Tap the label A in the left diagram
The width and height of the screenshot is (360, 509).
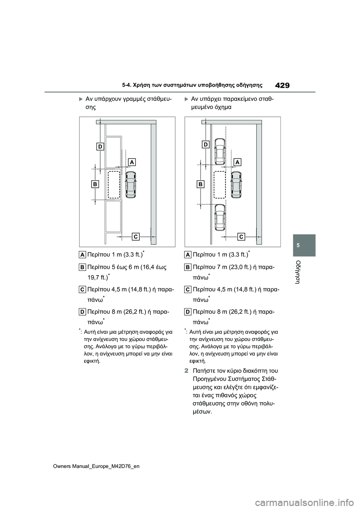[132, 162]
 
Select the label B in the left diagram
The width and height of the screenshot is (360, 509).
[95, 184]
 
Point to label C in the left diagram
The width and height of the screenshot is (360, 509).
[135, 236]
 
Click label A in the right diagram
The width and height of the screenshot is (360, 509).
[237, 162]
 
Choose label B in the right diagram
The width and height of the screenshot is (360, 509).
[201, 184]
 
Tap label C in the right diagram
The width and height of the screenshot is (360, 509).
[241, 236]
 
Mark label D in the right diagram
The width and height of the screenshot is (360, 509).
[205, 144]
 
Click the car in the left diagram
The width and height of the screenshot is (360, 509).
[131, 185]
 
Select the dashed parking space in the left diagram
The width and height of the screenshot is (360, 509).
[114, 184]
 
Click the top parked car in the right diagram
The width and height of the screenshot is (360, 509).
[220, 151]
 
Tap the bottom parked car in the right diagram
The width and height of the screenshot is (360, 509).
[220, 218]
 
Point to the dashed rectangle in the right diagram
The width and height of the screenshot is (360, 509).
[220, 184]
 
